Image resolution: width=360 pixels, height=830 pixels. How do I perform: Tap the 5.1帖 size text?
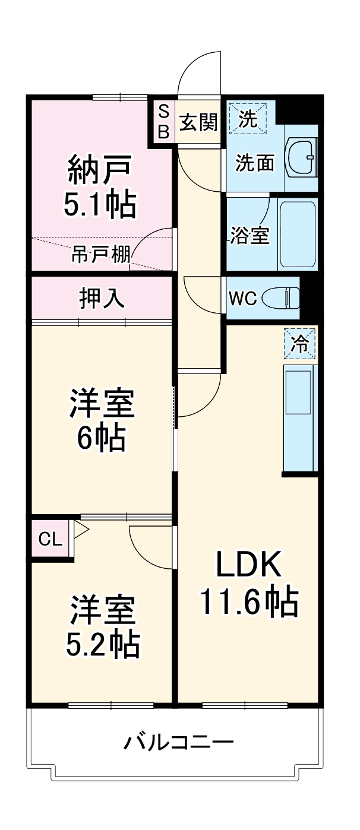click(x=100, y=205)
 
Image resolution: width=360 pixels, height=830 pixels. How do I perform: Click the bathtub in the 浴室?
click(x=298, y=233)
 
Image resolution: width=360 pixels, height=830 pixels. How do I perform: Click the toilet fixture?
click(x=283, y=297)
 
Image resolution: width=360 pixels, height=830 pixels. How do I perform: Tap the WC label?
click(x=243, y=298)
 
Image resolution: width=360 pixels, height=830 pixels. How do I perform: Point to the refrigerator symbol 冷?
click(x=299, y=344)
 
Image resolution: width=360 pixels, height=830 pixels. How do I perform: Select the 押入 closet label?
click(x=102, y=298)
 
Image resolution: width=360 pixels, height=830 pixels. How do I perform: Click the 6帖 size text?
click(x=101, y=439)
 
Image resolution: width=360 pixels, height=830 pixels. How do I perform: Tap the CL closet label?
click(x=50, y=539)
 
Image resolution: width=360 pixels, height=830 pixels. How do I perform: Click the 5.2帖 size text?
click(x=102, y=643)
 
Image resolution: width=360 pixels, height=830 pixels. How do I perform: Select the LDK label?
click(x=248, y=565)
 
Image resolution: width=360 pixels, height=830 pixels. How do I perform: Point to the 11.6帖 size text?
click(x=248, y=601)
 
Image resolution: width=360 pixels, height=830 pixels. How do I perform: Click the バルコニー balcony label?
click(x=178, y=742)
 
